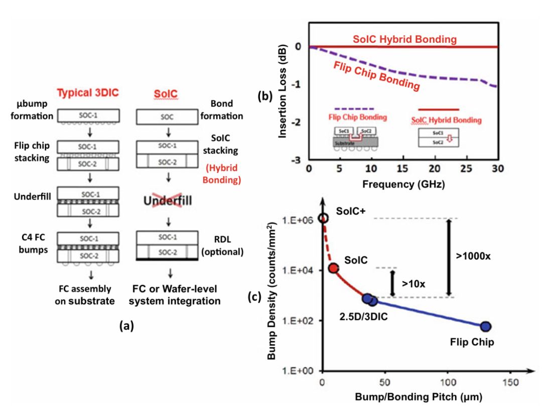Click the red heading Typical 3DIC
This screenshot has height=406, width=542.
pyautogui.click(x=92, y=93)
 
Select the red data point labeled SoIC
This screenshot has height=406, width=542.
pyautogui.click(x=333, y=268)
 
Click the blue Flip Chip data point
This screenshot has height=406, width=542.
pyautogui.click(x=486, y=327)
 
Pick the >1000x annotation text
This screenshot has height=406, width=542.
pyautogui.click(x=473, y=256)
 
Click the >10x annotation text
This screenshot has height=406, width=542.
pyautogui.click(x=413, y=284)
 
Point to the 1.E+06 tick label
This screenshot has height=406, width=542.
pyautogui.click(x=301, y=220)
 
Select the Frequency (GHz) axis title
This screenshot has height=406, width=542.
pyautogui.click(x=402, y=183)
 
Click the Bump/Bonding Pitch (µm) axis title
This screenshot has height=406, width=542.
pyautogui.click(x=420, y=396)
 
